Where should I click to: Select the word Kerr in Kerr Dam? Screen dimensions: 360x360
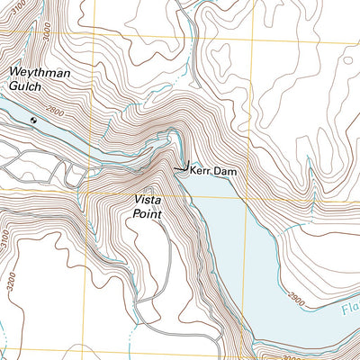coord(200,169)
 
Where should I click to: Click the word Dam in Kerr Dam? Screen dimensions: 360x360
coord(223,169)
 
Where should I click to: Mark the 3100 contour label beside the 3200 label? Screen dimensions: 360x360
coord(7,240)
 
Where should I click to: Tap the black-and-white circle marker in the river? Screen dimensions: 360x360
coord(34,118)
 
